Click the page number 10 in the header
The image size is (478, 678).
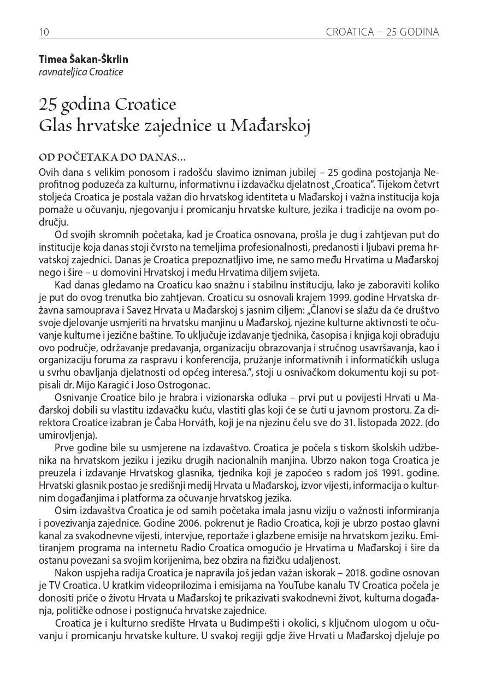(44, 32)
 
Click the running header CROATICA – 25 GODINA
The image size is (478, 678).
(382, 32)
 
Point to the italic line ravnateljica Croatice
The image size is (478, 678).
(81, 72)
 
